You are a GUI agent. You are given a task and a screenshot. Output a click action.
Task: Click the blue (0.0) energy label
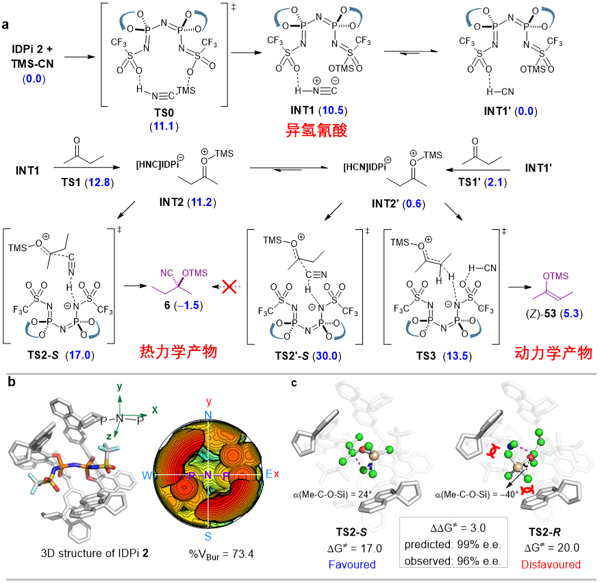coord(34,79)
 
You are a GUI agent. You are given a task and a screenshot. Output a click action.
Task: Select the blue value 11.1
coord(163,126)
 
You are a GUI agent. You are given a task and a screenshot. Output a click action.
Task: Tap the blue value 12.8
coord(99,182)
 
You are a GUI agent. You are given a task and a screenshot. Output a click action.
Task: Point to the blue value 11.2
coord(201,202)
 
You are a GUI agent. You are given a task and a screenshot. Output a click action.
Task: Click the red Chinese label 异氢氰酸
coord(316,130)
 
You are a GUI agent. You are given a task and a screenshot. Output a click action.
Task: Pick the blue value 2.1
coord(495,182)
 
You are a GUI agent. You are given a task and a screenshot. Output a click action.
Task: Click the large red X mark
coord(229,287)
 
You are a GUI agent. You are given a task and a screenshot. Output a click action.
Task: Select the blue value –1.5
coord(188,305)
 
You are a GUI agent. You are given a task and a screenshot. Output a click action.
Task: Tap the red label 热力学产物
coord(178,352)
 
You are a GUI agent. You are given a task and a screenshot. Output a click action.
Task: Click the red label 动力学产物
coord(553,353)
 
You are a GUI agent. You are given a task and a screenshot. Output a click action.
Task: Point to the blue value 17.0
coord(79,355)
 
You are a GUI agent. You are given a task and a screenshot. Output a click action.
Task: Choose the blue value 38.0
coord(327,356)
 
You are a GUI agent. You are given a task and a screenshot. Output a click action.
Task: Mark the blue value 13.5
coord(457,356)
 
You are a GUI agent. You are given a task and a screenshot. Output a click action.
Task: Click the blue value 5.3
coord(571,313)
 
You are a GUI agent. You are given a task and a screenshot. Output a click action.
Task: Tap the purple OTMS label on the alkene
coord(556,276)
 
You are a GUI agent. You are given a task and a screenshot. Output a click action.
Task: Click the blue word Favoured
coord(353,565)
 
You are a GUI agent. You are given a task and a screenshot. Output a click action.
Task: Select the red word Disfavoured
coord(551,565)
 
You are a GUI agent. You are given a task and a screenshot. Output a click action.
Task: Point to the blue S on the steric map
coord(208,536)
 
